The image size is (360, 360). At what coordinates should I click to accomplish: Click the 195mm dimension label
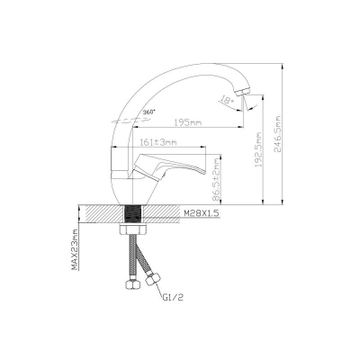(x=187, y=122)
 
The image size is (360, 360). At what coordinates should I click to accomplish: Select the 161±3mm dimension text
(x=158, y=142)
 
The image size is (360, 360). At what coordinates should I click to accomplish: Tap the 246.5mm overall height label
(x=277, y=134)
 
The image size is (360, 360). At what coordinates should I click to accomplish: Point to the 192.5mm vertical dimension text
(x=258, y=149)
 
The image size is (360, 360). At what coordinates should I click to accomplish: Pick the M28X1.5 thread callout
(x=202, y=213)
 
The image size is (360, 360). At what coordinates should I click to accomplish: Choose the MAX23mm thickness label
(x=75, y=249)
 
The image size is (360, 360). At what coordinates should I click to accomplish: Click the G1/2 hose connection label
(x=173, y=297)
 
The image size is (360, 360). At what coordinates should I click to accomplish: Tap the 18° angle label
(x=228, y=100)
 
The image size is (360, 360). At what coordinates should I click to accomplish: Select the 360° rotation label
(x=149, y=112)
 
